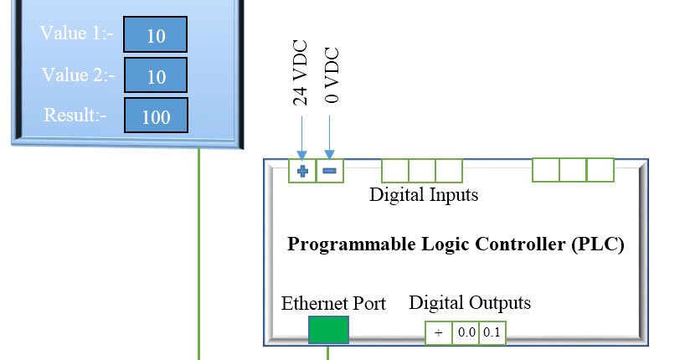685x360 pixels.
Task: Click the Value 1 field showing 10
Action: point(155,35)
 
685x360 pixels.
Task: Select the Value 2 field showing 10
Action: point(155,75)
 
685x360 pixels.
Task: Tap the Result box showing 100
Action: point(155,116)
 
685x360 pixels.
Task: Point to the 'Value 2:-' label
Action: point(77,75)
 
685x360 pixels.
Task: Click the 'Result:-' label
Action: point(75,115)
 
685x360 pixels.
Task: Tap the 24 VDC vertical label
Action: point(301,73)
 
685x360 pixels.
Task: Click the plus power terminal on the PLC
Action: point(302,171)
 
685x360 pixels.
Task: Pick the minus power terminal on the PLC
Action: point(329,171)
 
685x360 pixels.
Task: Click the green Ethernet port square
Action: point(328,330)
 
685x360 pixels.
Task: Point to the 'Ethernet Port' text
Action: point(333,303)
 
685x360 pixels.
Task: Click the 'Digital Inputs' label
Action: point(424,195)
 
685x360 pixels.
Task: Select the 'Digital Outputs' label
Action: point(469,302)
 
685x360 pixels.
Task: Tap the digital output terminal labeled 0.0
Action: point(466,332)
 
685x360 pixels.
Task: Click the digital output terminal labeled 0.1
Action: point(492,332)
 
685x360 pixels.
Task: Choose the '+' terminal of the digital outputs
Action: point(439,332)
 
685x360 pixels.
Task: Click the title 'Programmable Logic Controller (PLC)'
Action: point(456,244)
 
